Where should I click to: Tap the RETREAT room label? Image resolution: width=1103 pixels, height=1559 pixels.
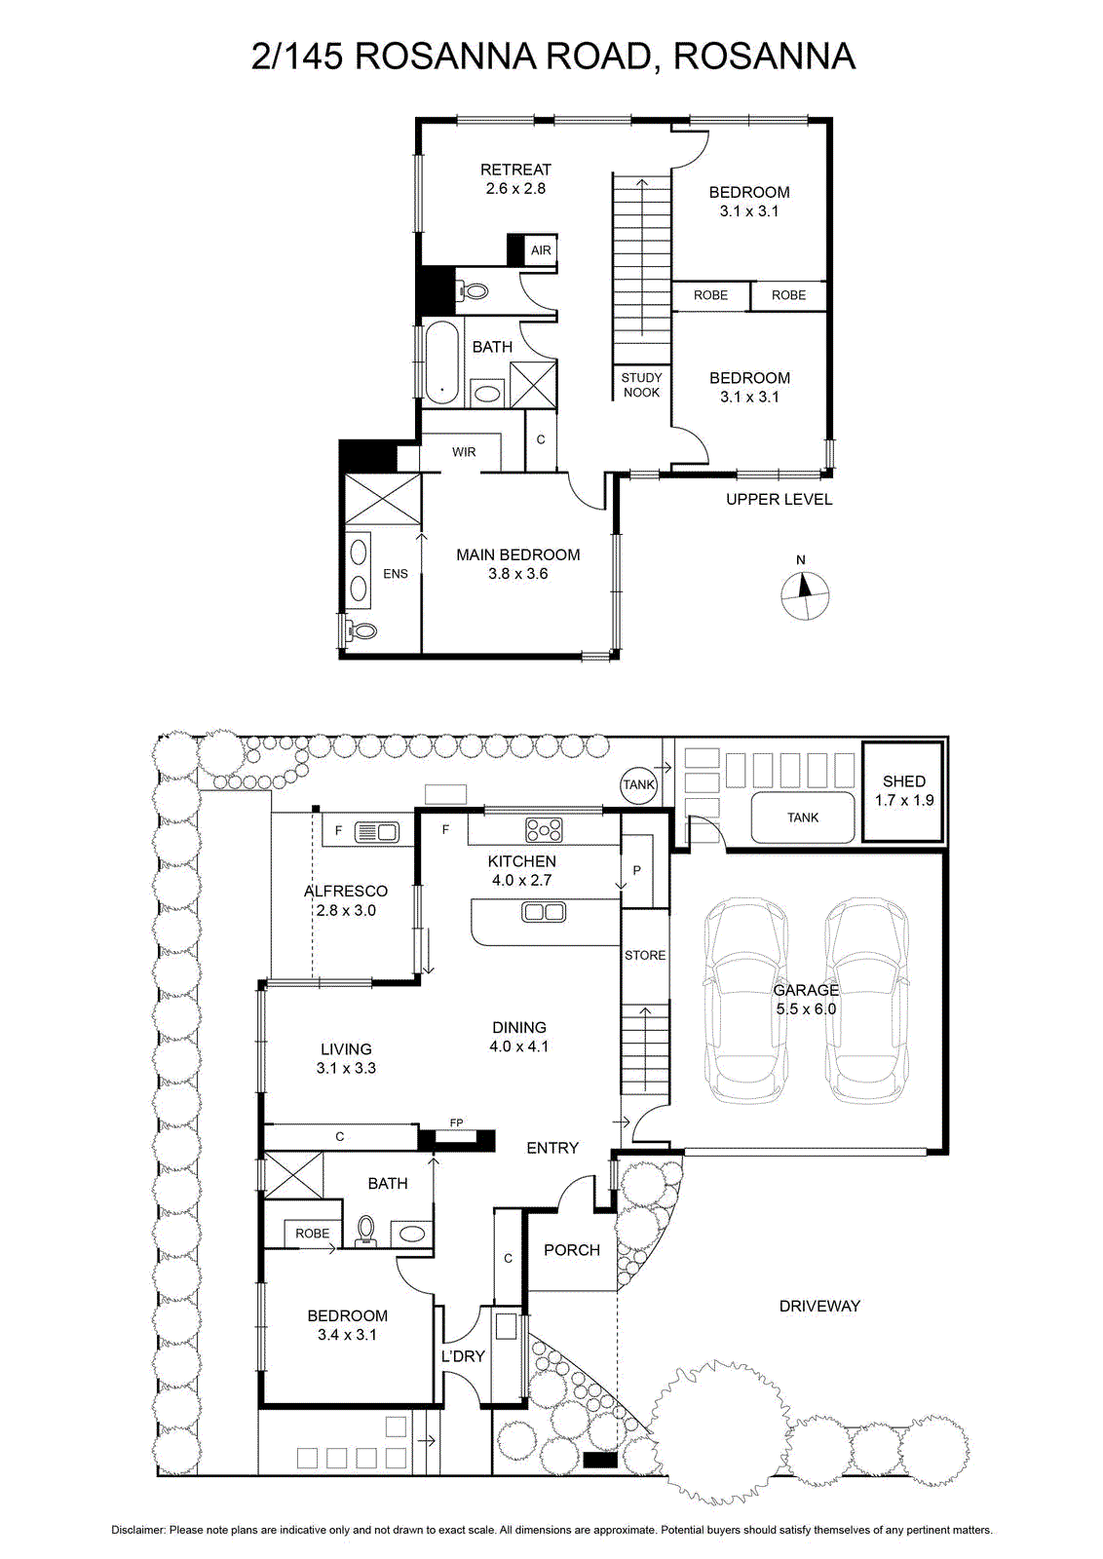pyautogui.click(x=515, y=170)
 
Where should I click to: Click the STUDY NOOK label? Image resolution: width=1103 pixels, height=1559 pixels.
pyautogui.click(x=641, y=385)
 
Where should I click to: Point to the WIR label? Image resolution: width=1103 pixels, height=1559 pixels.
pyautogui.click(x=464, y=452)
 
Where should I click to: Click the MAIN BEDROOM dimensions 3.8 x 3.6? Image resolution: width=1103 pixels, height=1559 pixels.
pyautogui.click(x=517, y=574)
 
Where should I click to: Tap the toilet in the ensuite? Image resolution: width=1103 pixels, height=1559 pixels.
pyautogui.click(x=360, y=630)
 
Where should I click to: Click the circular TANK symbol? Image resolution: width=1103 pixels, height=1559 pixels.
pyautogui.click(x=638, y=784)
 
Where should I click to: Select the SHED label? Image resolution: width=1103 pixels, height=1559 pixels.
pyautogui.click(x=904, y=780)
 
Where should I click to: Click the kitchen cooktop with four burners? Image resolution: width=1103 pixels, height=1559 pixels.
pyautogui.click(x=545, y=829)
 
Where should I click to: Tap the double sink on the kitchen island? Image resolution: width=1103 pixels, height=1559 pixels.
pyautogui.click(x=544, y=911)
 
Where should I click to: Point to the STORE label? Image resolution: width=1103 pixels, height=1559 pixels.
pyautogui.click(x=645, y=955)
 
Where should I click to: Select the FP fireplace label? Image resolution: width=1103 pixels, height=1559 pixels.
pyautogui.click(x=457, y=1122)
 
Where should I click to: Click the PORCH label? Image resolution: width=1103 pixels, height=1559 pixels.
pyautogui.click(x=572, y=1250)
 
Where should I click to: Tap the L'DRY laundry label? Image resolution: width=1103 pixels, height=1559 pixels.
pyautogui.click(x=463, y=1355)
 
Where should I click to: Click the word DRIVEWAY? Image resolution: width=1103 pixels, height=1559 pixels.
pyautogui.click(x=819, y=1306)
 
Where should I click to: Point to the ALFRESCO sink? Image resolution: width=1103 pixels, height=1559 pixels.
pyautogui.click(x=376, y=832)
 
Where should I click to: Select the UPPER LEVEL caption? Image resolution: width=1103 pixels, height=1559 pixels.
pyautogui.click(x=779, y=499)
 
